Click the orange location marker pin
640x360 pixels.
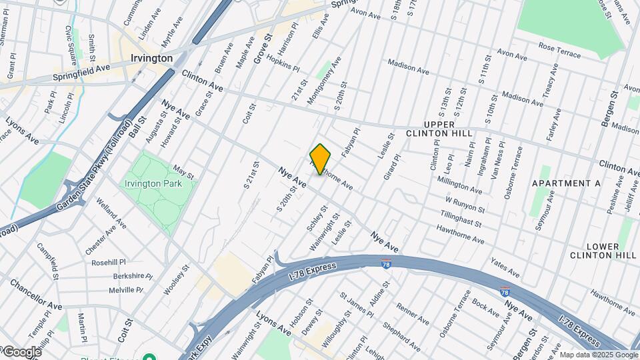coord(321,159)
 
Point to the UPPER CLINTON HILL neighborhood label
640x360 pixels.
coord(439,129)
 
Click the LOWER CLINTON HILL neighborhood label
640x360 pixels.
coord(603,251)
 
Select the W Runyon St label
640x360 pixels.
coord(465,205)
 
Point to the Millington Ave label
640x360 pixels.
coord(459,185)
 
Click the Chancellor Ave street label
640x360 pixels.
coord(35,296)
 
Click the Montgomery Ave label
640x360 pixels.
coord(323,79)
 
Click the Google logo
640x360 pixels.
coord(21,352)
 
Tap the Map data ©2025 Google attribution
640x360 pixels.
coord(598,355)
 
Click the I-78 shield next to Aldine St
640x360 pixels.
coord(386,264)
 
